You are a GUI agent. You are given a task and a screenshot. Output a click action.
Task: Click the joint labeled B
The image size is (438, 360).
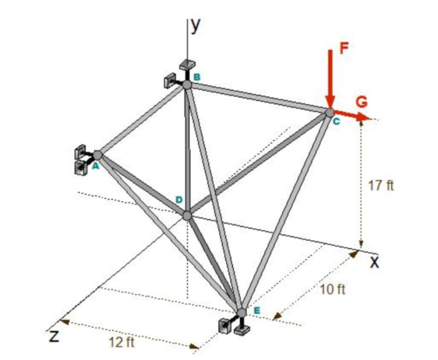[187, 85]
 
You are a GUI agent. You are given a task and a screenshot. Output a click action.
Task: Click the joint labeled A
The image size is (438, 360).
[97, 155]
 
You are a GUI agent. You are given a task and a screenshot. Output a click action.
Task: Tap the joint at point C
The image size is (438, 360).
[330, 113]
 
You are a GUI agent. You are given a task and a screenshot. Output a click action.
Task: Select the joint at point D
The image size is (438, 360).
[187, 215]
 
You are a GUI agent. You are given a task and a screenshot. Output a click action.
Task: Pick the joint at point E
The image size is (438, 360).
[242, 312]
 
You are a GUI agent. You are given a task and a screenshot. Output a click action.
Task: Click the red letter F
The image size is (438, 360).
[344, 49]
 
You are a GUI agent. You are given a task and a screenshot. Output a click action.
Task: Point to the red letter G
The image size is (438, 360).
[361, 103]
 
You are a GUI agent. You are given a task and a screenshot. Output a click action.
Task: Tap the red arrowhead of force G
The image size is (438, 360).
[364, 117]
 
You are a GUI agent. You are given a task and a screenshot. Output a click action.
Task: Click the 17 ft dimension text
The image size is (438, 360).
[381, 185]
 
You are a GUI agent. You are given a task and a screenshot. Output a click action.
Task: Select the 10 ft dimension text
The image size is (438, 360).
[332, 290]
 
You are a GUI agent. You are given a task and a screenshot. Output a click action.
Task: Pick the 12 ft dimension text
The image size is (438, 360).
[121, 342]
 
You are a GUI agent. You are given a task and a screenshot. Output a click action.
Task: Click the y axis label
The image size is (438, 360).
[196, 26]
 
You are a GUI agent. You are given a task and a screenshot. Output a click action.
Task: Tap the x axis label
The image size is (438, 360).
[375, 262]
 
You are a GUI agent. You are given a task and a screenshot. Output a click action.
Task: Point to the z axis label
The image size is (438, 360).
[54, 336]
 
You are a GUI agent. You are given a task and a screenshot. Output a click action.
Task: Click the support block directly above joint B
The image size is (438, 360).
[187, 64]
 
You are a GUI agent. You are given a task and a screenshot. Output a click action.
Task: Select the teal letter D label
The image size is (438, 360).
[179, 200]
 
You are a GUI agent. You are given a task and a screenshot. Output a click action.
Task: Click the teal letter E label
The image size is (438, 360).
[257, 310]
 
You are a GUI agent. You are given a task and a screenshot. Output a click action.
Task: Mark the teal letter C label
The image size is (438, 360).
[336, 121]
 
